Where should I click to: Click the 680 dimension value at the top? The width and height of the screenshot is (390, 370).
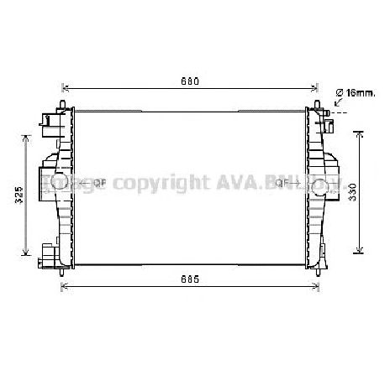coord(191,81)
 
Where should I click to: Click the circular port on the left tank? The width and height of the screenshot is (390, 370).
coord(61,182)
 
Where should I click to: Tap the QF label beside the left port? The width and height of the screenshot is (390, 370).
coord(97,182)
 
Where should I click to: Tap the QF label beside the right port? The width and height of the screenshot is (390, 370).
coord(282,182)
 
